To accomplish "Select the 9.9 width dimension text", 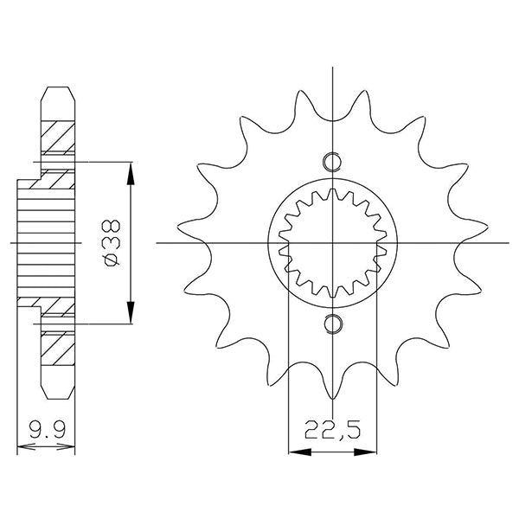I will pos(46,430).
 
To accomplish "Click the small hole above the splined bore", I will pos(332,162).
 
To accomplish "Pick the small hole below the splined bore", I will pos(332,324).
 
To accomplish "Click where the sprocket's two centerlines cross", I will pos(332,243).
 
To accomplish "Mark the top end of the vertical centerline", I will pos(332,67).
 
